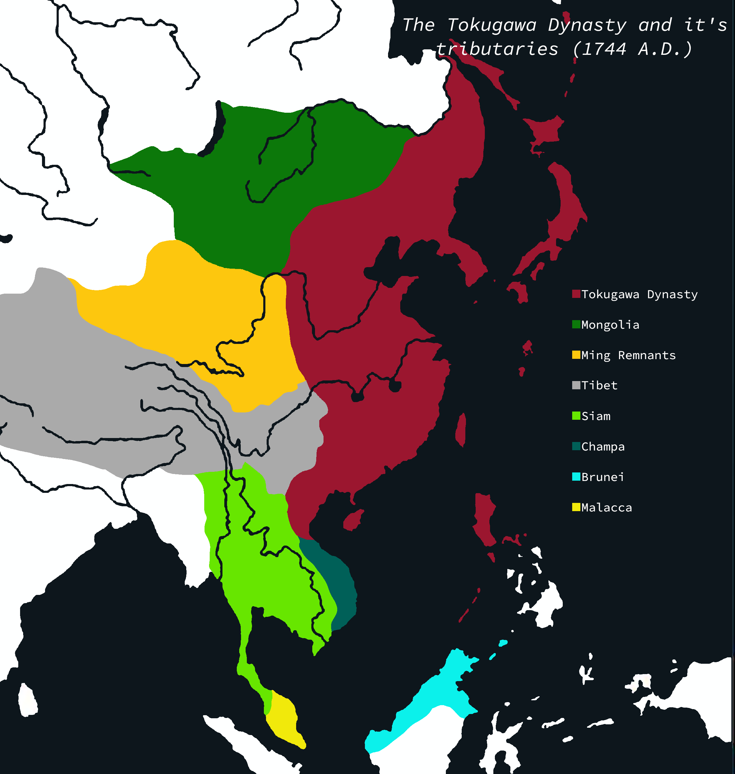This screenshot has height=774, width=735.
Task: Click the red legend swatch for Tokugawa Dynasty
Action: (576, 294)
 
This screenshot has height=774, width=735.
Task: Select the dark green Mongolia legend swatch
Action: (576, 324)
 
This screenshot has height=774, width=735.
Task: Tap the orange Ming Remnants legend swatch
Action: (576, 355)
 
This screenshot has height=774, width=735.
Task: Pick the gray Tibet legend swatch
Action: (576, 385)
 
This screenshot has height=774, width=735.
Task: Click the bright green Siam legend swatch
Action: (576, 415)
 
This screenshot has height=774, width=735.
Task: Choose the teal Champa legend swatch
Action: (576, 446)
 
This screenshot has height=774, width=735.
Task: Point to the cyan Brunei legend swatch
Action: (576, 477)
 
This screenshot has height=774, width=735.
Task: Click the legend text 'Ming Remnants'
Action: (628, 355)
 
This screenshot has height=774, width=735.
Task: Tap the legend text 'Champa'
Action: (603, 447)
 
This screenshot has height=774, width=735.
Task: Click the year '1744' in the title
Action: (604, 49)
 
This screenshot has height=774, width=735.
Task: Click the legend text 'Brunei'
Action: (603, 477)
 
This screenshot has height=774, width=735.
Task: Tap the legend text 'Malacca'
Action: (607, 507)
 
